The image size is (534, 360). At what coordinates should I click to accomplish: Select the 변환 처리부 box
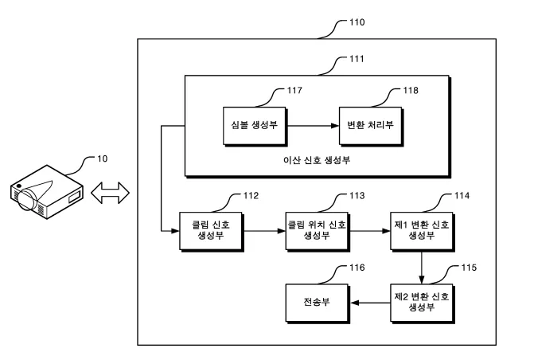[368, 125]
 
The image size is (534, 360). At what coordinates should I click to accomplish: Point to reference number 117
[293, 92]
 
